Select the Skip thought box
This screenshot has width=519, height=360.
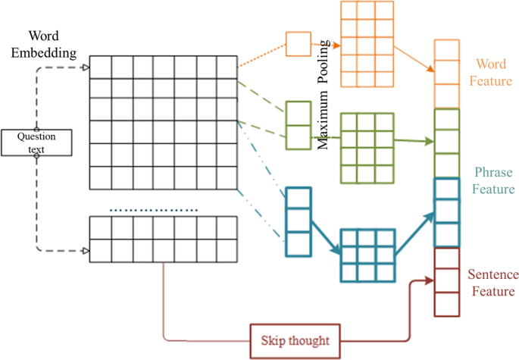295,340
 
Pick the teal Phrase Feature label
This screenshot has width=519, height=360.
492,180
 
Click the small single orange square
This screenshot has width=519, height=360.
298,44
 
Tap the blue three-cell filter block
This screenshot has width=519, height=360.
298,221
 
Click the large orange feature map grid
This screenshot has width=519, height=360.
367,44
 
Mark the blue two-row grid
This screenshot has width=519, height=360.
367,255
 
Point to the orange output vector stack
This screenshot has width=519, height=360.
446,74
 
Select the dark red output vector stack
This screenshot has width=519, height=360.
446,281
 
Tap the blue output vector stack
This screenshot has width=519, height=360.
446,212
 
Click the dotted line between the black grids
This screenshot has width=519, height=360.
154,209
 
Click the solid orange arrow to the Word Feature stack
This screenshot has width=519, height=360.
414,56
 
